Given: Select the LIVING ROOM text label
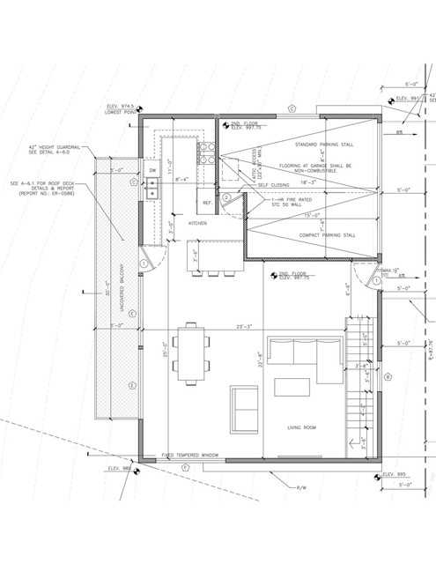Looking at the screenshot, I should [301, 427].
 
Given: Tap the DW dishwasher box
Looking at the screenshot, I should [152, 170].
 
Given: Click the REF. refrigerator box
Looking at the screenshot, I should [208, 203].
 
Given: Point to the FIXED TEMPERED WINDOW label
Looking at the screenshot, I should [189, 456].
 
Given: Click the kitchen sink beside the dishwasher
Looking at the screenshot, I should [152, 186].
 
